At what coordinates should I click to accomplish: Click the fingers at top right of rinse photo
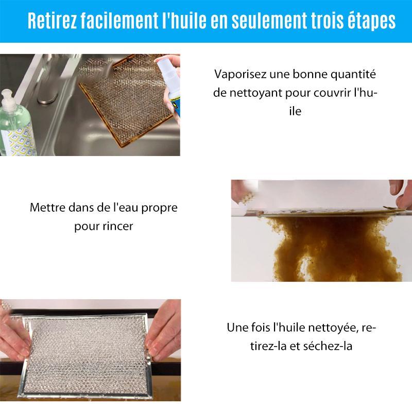coord(399,186)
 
